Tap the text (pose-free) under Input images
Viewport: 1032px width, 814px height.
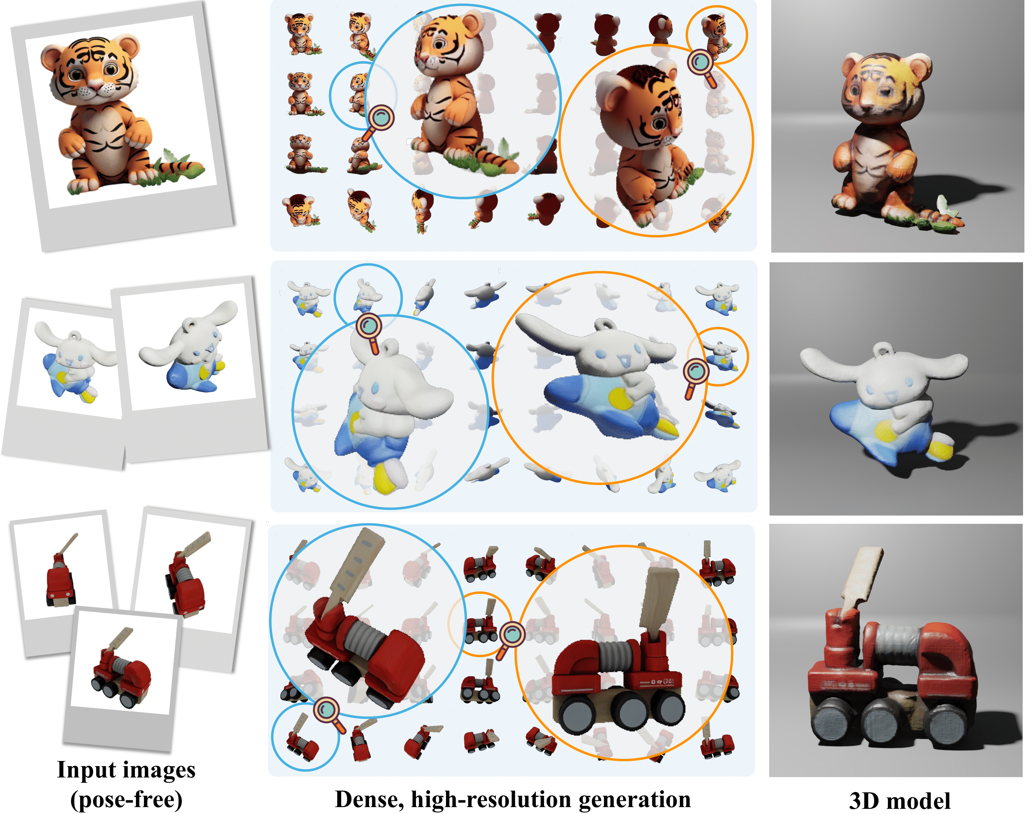tap(126, 800)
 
